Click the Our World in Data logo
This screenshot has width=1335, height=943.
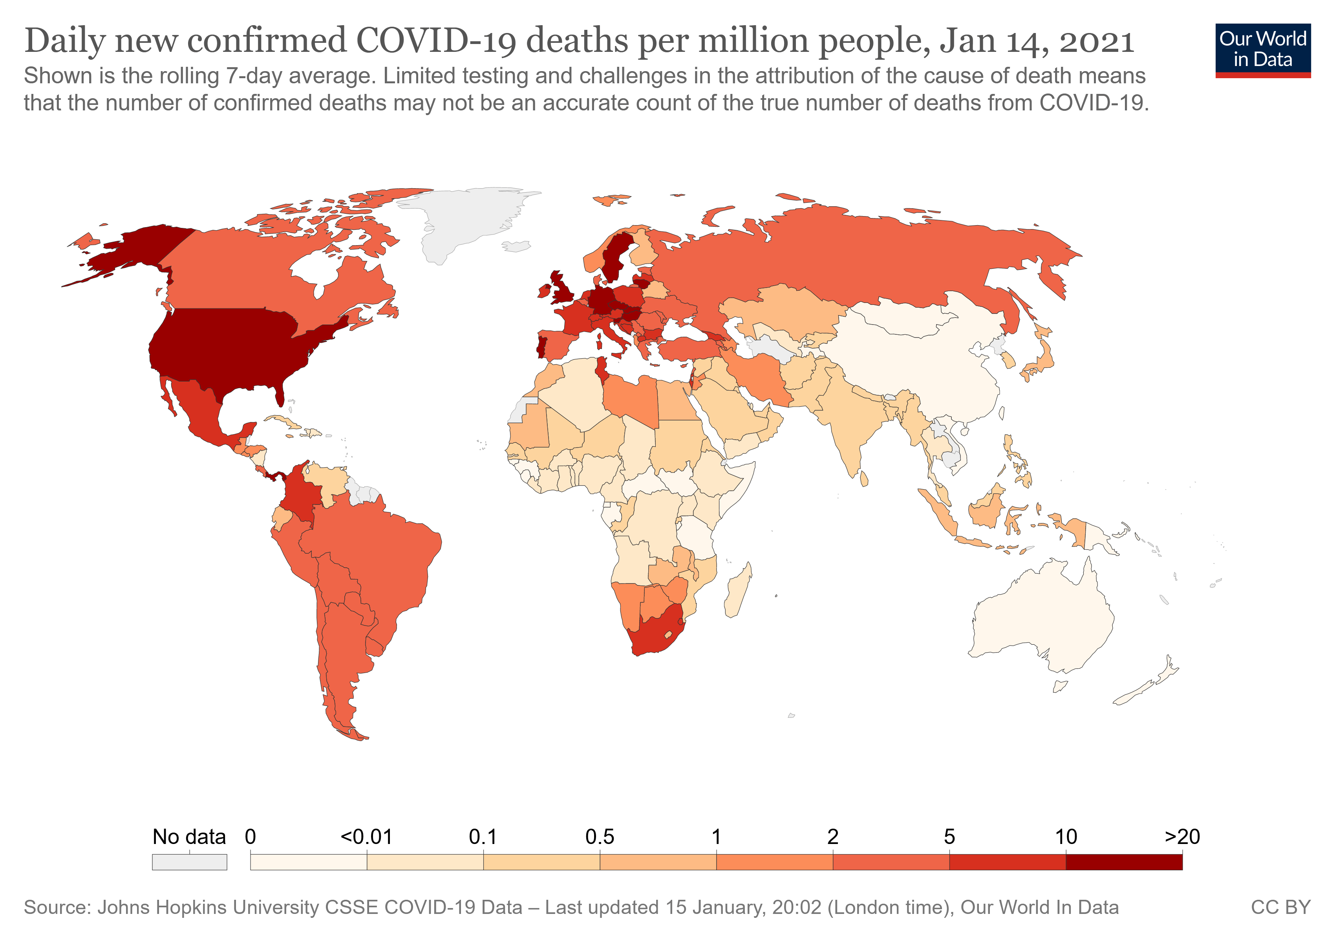tap(1263, 50)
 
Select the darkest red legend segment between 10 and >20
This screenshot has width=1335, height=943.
tap(1124, 862)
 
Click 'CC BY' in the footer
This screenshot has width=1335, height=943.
tap(1280, 908)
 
